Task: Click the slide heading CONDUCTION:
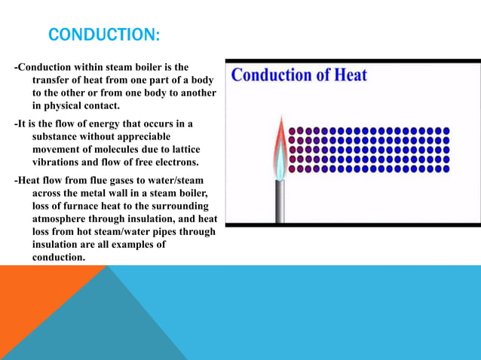(x=104, y=35)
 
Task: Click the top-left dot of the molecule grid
(x=292, y=130)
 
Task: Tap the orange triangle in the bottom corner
(x=38, y=316)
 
